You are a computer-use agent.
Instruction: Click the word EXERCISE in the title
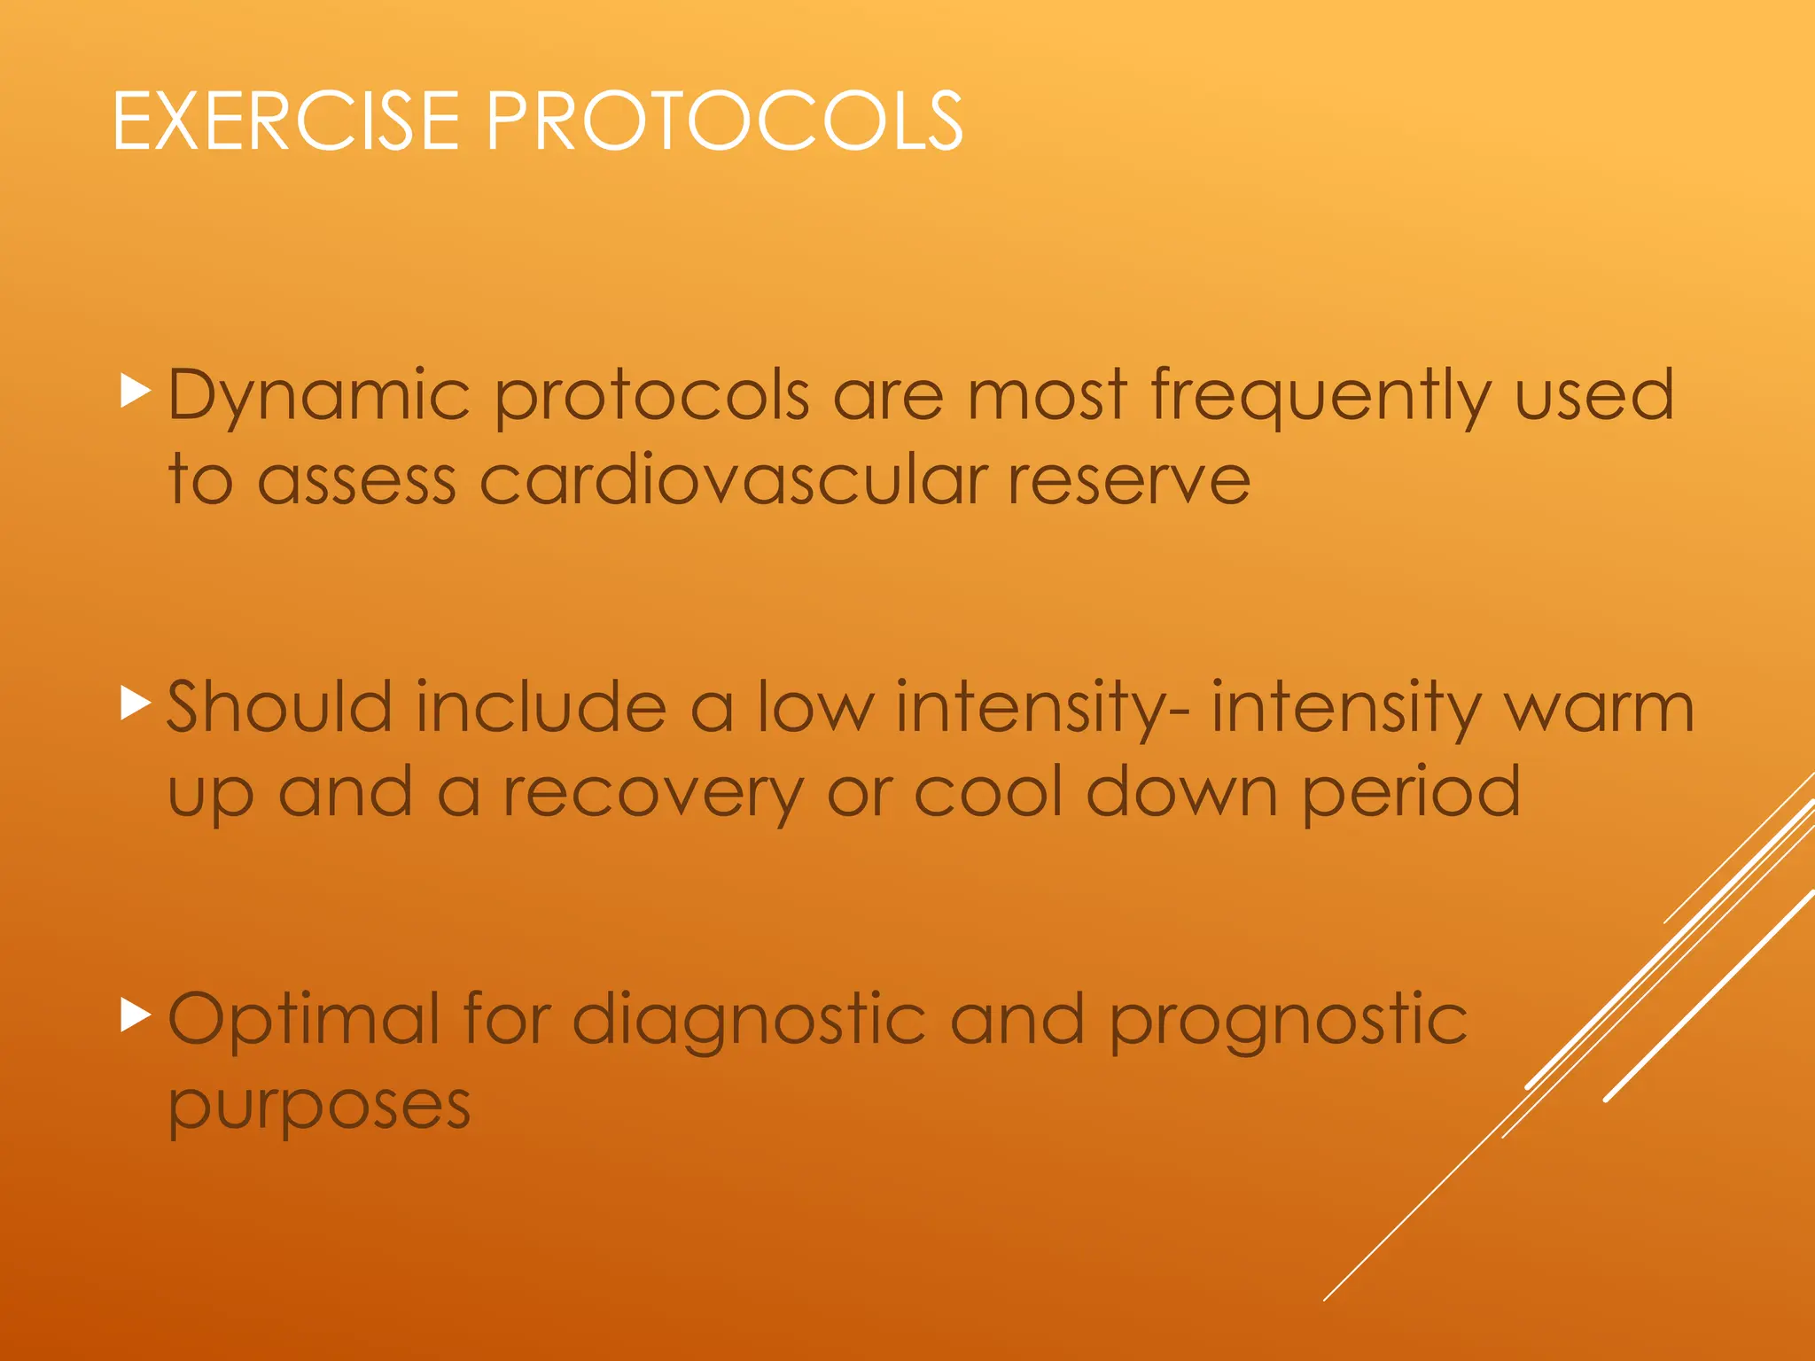(x=285, y=121)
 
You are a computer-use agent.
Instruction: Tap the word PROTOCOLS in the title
(x=724, y=121)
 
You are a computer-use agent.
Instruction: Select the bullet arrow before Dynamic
(x=135, y=391)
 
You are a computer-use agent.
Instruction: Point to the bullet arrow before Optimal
(x=135, y=1015)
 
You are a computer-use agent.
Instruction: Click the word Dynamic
(x=318, y=396)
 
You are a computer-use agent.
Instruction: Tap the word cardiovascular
(x=733, y=480)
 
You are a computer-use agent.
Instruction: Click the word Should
(x=278, y=707)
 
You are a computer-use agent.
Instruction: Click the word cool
(x=987, y=792)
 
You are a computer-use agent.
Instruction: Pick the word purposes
(x=319, y=1108)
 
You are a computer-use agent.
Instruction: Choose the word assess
(x=356, y=480)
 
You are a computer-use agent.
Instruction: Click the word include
(x=541, y=707)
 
